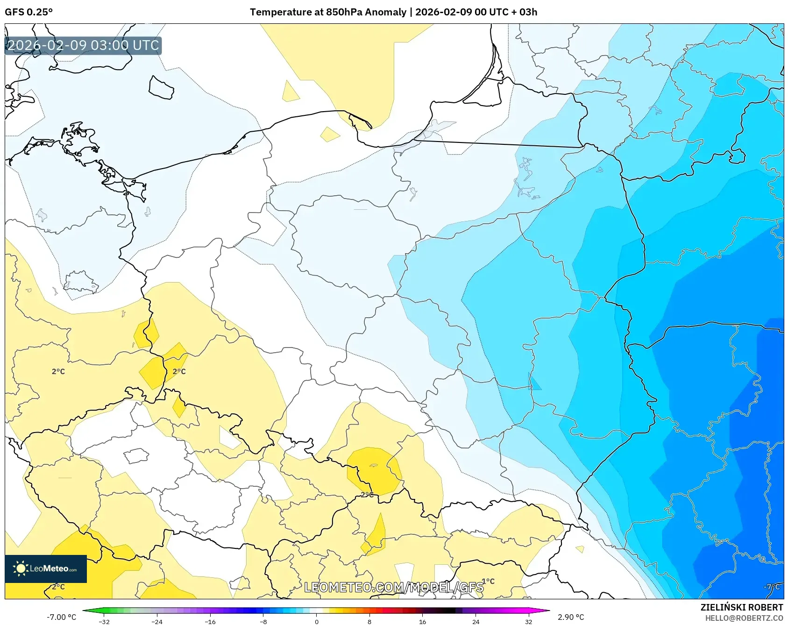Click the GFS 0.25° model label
click(x=28, y=12)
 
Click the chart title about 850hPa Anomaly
click(x=393, y=12)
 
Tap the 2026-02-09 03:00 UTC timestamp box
click(x=83, y=45)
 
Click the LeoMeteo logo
click(x=46, y=568)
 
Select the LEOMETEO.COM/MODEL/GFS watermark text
click(x=393, y=587)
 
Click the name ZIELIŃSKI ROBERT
click(x=741, y=607)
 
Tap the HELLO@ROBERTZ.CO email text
click(x=744, y=618)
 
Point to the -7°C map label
click(x=771, y=587)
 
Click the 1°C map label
click(x=488, y=581)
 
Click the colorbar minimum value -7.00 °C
click(x=61, y=617)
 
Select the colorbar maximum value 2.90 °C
click(x=571, y=617)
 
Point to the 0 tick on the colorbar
click(x=317, y=622)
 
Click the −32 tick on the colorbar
click(x=104, y=622)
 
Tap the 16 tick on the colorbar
click(x=422, y=622)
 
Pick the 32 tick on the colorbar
click(x=528, y=622)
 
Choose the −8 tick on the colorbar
click(x=263, y=622)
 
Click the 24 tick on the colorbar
click(x=476, y=622)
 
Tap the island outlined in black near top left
click(x=161, y=87)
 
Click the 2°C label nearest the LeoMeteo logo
click(x=58, y=587)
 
